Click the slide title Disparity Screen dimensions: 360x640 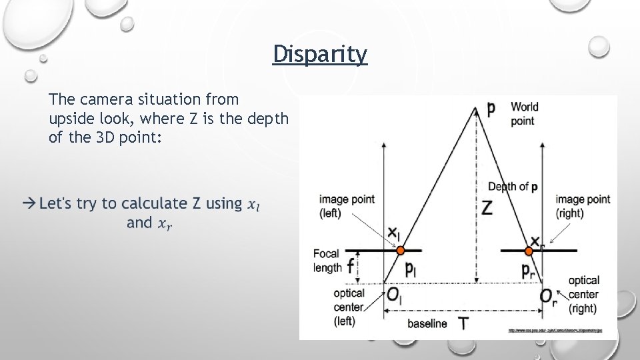coord(320,54)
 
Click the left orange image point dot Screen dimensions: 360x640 coord(400,251)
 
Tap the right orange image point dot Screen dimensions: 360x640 coord(529,251)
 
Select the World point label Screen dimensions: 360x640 coord(525,113)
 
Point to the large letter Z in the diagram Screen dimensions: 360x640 coord(487,208)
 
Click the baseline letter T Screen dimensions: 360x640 coord(463,324)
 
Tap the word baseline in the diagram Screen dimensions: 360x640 coord(427,323)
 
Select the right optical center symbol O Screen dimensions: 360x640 coord(545,296)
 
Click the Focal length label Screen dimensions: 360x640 coord(327,261)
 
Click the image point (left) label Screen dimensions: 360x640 coord(347,206)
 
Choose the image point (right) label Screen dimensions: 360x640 coord(583,206)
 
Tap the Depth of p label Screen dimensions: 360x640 coord(513,187)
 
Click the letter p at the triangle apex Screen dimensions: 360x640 coord(491,109)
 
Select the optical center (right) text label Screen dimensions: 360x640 coord(583,294)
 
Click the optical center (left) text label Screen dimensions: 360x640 coord(349,307)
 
